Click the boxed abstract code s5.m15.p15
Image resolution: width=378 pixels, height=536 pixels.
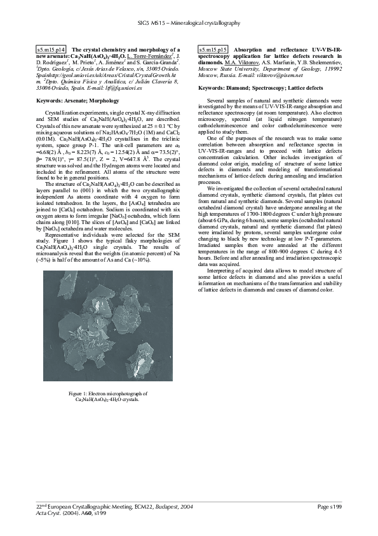pyautogui.click(x=213, y=49)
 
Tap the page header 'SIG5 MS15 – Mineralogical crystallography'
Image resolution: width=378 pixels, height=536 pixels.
pyautogui.click(x=189, y=23)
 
